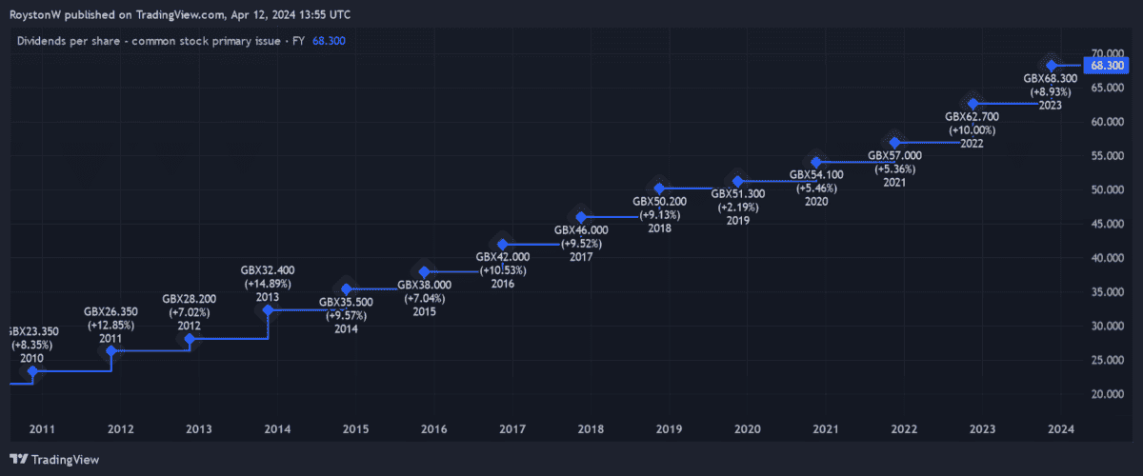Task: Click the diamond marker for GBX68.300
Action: [1052, 65]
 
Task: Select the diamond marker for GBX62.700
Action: [973, 103]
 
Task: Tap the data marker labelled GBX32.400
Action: [268, 309]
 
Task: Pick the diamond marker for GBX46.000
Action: [581, 218]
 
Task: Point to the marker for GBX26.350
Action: [111, 350]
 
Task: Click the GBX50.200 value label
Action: [659, 202]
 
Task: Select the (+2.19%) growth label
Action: [737, 208]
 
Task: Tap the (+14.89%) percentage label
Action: [268, 284]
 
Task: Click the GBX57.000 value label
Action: [894, 155]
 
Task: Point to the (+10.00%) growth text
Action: [973, 129]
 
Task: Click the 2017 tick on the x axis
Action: [511, 429]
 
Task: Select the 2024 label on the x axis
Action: [1060, 429]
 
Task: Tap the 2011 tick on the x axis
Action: [41, 429]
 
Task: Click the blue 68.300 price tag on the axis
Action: [1109, 66]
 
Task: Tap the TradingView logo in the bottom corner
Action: [54, 460]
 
